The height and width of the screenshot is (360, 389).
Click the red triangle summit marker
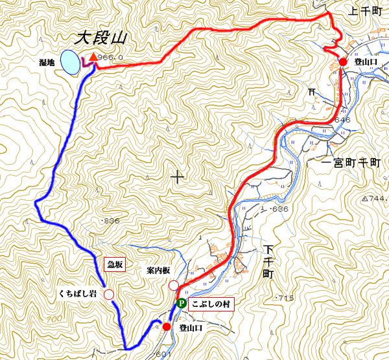(93, 58)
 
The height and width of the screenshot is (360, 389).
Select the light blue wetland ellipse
(70, 62)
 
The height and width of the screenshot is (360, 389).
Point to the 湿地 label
(47, 63)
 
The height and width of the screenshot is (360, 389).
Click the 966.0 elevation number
(112, 58)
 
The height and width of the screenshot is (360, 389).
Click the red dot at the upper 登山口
(342, 62)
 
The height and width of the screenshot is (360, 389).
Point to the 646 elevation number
(343, 120)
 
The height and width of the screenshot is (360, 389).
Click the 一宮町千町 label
(354, 163)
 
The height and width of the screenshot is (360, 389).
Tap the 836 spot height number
(112, 221)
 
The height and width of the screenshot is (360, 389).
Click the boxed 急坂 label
(113, 264)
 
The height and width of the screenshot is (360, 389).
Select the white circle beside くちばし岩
(109, 295)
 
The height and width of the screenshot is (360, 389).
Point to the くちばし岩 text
(77, 295)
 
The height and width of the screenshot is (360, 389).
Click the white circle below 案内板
(174, 286)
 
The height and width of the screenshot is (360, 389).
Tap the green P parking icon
(182, 302)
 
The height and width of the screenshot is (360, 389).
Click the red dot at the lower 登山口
(167, 327)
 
